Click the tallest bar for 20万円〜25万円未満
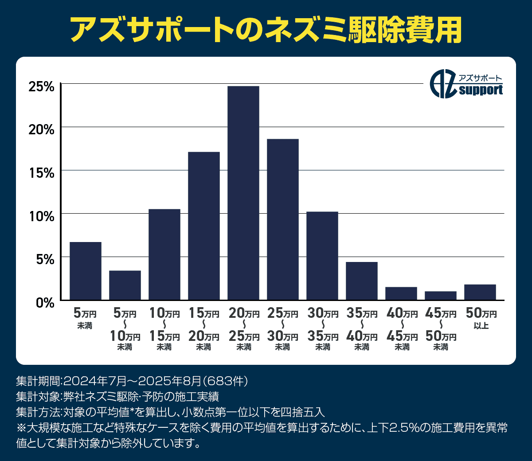243,193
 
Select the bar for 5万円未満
86,271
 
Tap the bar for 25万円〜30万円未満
282,219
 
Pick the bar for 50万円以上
480,292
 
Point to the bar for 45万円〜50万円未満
440,296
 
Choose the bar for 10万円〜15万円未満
164,254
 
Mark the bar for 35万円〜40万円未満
361,281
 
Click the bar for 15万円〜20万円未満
204,226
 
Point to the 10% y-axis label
41,216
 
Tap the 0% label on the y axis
44,303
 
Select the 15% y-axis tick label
41,173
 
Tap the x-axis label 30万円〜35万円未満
323,330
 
